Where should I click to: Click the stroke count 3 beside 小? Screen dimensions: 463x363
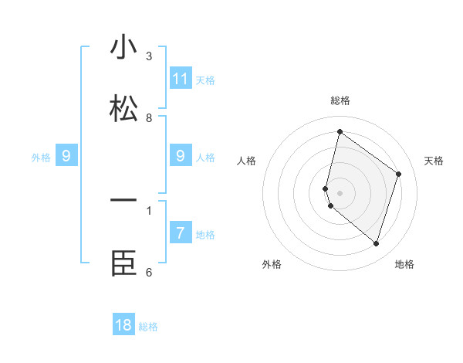tap(149, 56)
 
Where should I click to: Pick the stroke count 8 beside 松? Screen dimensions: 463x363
tap(149, 118)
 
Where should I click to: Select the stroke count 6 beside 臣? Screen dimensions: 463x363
tap(149, 273)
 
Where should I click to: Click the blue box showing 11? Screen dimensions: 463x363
tap(181, 79)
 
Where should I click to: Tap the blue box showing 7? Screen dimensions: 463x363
tap(181, 233)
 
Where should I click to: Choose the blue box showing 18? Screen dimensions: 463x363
tap(123, 325)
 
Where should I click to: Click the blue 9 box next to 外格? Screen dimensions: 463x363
tap(67, 156)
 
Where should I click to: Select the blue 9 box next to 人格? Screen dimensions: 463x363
tap(181, 156)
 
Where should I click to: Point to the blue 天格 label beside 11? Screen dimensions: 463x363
tap(205, 80)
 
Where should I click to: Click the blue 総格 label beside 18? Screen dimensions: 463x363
tap(148, 327)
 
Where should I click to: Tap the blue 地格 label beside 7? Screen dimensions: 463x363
tap(205, 234)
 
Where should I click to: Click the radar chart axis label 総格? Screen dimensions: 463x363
tap(340, 100)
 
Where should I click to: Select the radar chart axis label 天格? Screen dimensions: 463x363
tap(434, 161)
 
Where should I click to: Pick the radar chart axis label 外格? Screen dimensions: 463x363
tap(272, 264)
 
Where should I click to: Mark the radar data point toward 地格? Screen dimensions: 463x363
tap(376, 244)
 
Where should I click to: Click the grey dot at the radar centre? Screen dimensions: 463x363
tap(340, 192)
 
